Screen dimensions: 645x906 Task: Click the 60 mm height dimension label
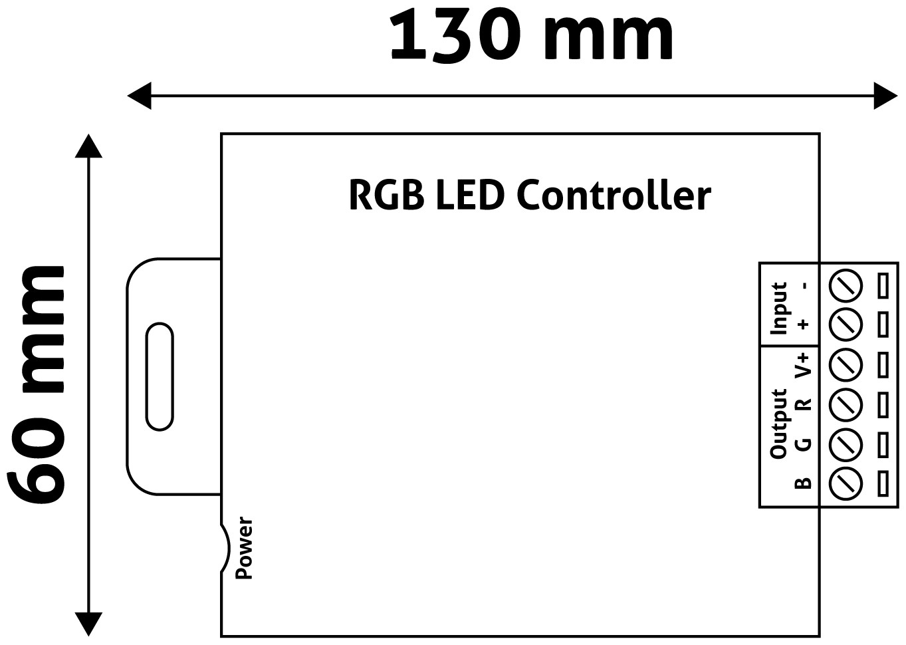coord(38,384)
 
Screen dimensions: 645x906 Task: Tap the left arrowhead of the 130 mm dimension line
coord(138,96)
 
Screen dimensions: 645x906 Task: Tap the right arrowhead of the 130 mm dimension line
coord(886,96)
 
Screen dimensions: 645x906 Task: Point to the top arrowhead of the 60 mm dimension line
coord(88,146)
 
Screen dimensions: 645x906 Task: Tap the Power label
coord(245,548)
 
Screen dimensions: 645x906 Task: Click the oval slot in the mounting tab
coord(160,376)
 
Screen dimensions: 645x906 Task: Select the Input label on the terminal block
coord(778,307)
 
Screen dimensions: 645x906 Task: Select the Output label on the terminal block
coord(778,424)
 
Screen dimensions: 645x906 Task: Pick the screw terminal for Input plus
coord(846,324)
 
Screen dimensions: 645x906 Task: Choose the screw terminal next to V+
coord(846,364)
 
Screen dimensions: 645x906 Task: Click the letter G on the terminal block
coord(804,443)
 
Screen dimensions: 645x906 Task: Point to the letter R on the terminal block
coord(804,404)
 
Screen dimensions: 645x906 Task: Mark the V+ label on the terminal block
coord(804,363)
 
